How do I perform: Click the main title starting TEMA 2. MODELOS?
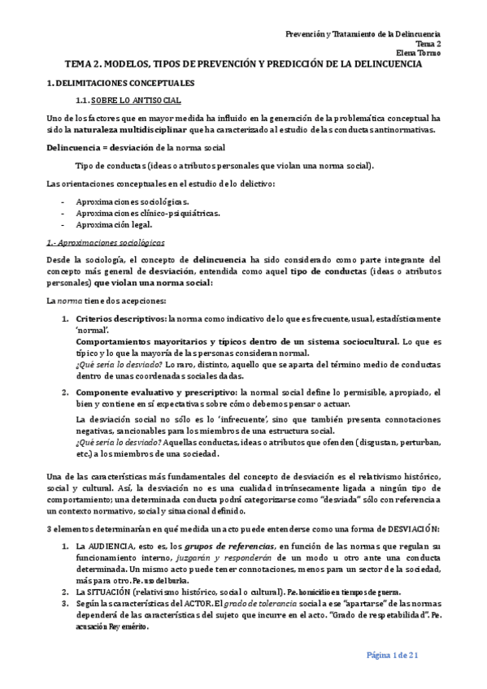tap(243, 64)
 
